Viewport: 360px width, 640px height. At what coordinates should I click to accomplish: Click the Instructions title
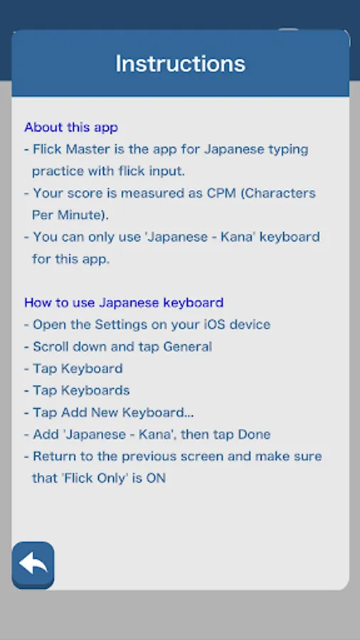point(181,64)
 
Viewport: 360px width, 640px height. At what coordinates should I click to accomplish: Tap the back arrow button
point(33,565)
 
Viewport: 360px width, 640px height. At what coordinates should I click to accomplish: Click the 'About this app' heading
point(71,127)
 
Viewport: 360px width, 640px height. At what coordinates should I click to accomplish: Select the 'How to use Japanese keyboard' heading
point(124,303)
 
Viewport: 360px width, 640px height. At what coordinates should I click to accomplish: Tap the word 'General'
point(188,347)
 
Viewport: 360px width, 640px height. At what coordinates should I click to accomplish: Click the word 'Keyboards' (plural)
point(95,390)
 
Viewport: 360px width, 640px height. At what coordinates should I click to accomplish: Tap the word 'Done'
point(255,434)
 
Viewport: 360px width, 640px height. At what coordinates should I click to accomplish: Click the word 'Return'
point(52,457)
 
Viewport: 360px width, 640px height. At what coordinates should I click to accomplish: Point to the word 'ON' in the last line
point(156,479)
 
